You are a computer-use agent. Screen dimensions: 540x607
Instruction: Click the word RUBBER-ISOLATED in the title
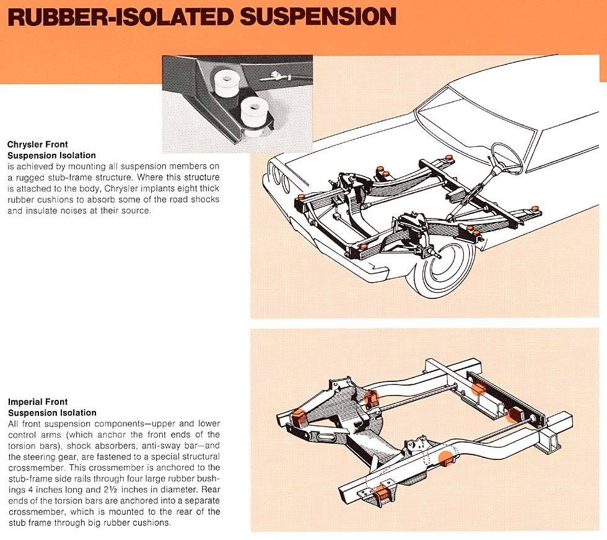[121, 17]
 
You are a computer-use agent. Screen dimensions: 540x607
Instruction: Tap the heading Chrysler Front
[37, 145]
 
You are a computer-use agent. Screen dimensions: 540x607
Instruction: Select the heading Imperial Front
[38, 402]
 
